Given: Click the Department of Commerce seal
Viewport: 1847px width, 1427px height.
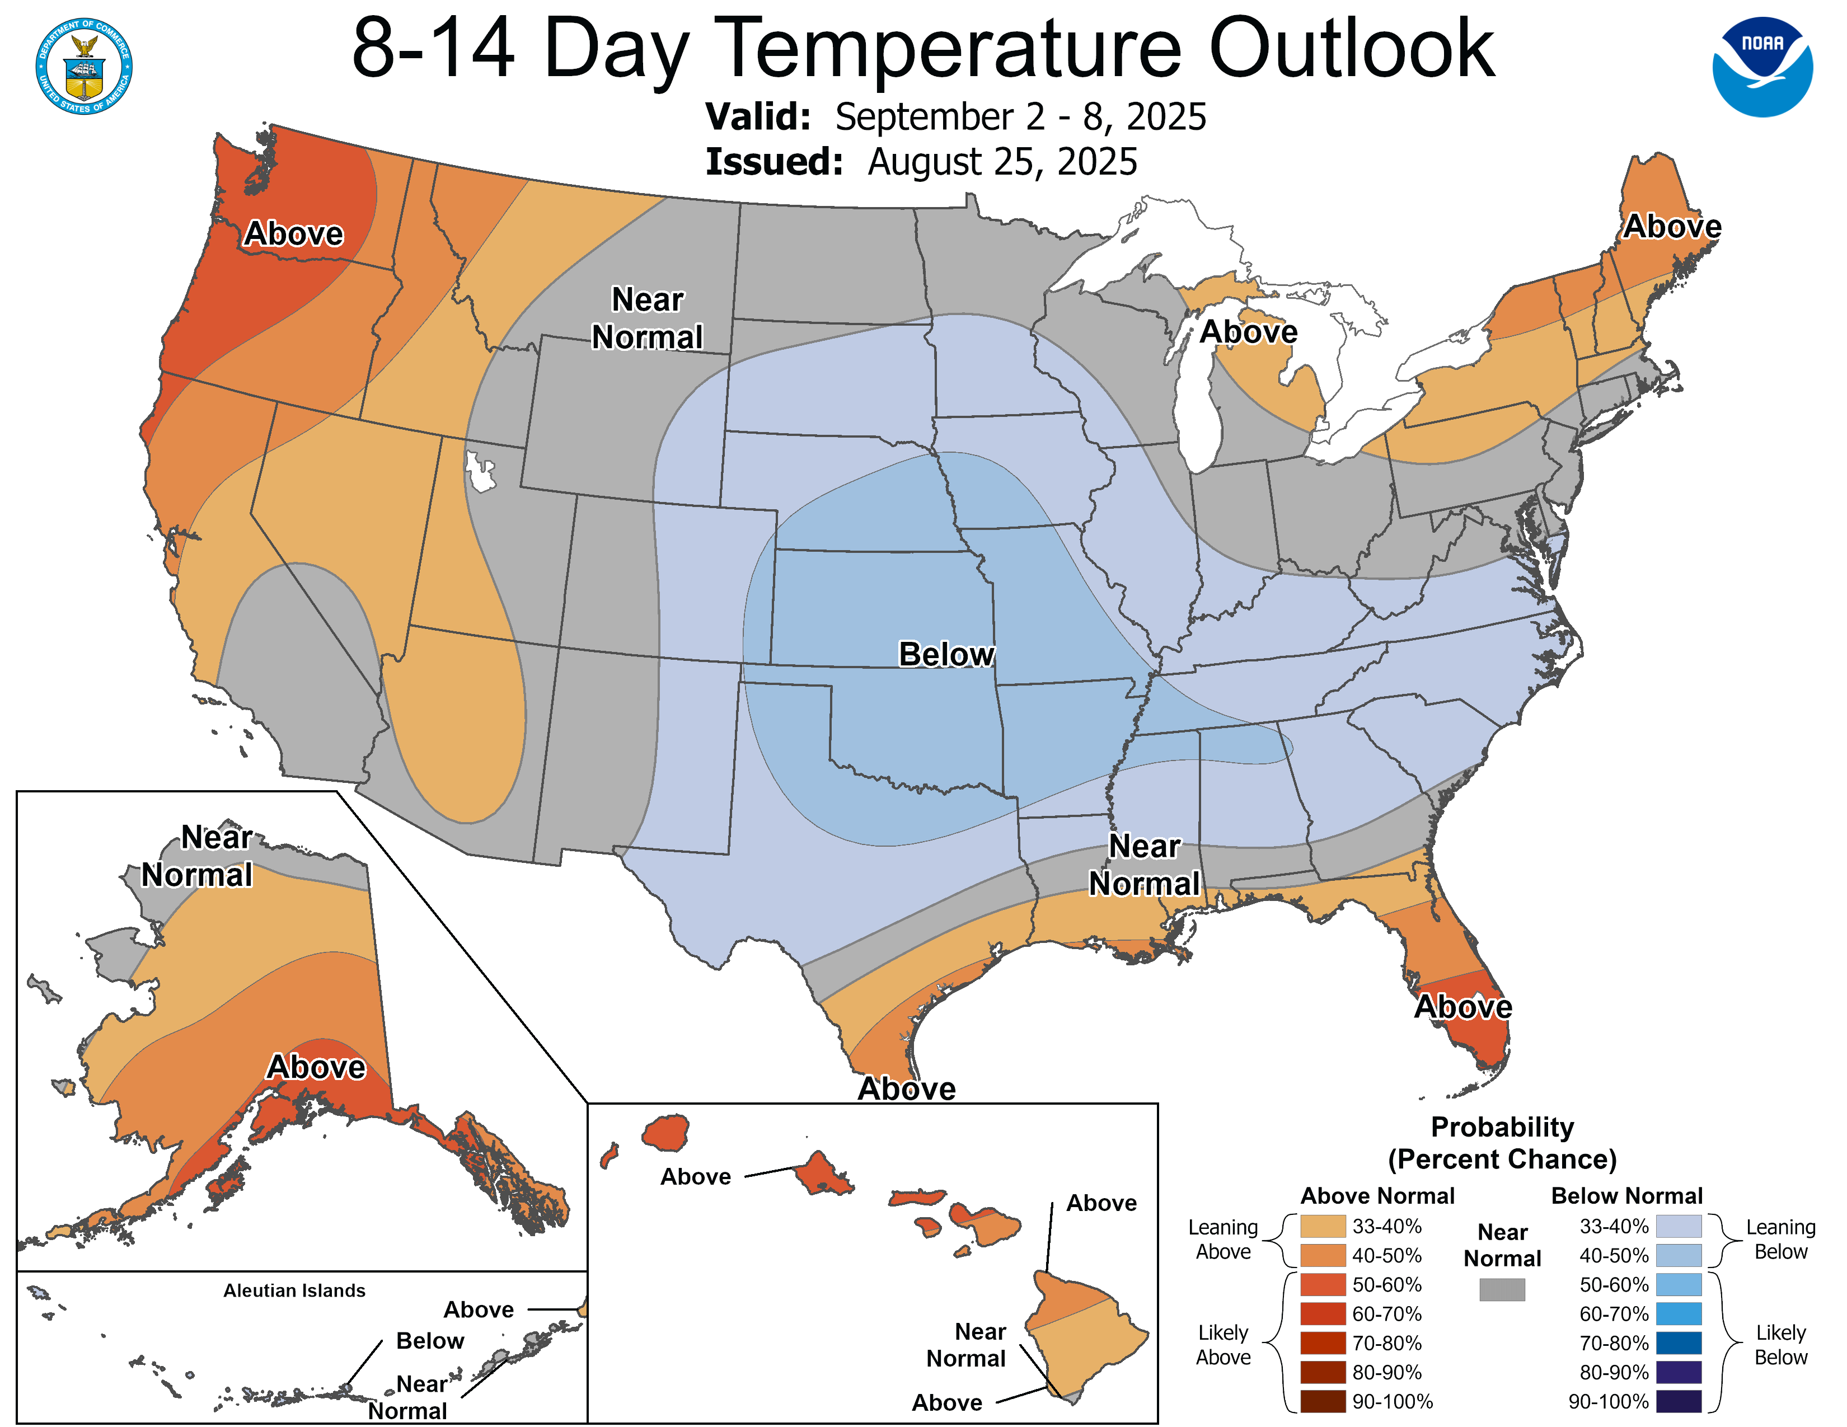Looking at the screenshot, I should pos(84,66).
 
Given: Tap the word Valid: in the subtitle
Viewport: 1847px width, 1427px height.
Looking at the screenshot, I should pos(758,116).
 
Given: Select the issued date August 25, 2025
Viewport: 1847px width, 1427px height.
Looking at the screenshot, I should pos(1002,162).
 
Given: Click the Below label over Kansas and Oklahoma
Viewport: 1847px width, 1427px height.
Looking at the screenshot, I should pos(945,654).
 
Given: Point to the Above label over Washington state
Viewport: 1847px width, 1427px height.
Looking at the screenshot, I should pos(293,233).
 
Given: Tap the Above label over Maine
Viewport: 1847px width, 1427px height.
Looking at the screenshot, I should pos(1672,227).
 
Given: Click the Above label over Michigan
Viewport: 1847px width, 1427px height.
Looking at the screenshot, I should pos(1248,331).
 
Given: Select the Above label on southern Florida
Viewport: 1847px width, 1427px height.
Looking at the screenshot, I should pos(1463,1007).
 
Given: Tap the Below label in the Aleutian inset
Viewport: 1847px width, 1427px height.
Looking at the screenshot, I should pos(430,1341).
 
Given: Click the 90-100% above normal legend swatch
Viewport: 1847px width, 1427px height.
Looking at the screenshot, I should pos(1323,1402).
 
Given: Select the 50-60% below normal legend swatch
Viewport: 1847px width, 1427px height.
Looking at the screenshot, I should pos(1678,1285).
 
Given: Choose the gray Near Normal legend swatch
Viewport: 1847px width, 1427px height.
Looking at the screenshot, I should pos(1502,1289).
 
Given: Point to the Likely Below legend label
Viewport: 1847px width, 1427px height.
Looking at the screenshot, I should pos(1780,1345).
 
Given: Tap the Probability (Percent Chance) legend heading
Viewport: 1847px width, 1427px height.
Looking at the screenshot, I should pos(1502,1143).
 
